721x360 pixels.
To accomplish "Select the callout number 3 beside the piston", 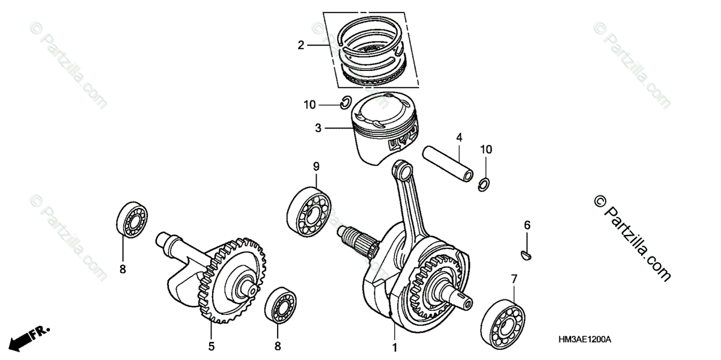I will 318,128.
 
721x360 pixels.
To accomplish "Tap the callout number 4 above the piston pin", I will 459,138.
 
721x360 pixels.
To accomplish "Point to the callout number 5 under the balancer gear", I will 211,347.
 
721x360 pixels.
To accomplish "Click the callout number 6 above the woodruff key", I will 527,225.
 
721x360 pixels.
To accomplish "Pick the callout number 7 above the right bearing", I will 514,278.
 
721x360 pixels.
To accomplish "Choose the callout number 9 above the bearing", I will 315,166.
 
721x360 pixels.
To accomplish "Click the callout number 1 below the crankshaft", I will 394,347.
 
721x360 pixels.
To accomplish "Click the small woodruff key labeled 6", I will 526,255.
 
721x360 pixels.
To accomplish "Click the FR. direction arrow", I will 30,337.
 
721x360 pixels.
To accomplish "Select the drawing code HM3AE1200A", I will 579,340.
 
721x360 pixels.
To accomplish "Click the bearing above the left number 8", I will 131,220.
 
